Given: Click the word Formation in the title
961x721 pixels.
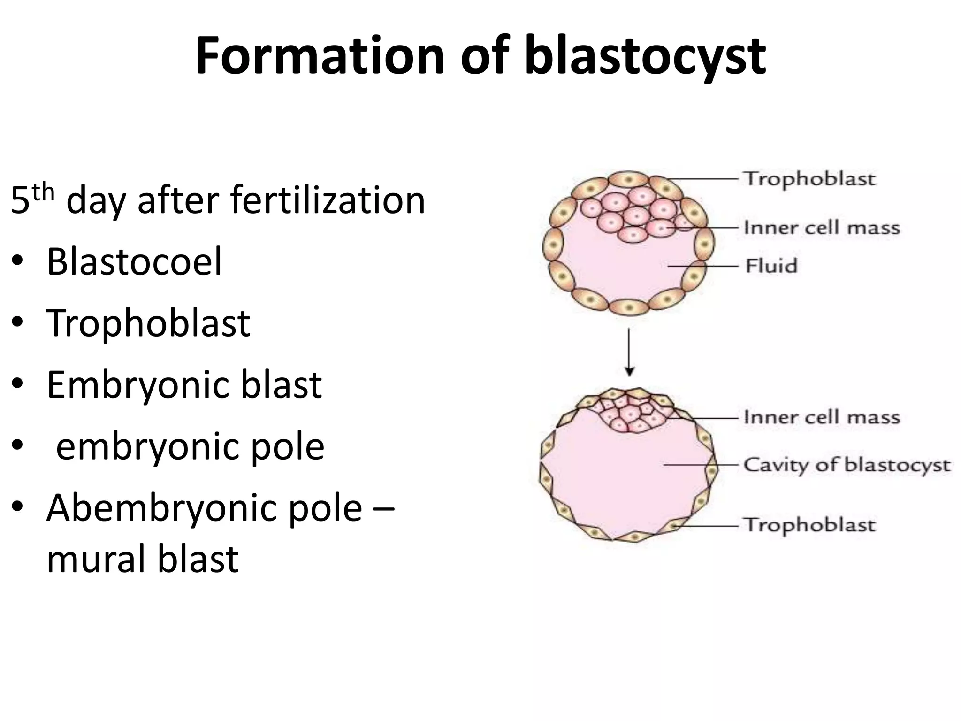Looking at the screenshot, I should coord(320,56).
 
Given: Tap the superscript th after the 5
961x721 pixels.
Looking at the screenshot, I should coord(44,192).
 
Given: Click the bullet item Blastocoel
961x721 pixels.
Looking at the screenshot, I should coord(134,262).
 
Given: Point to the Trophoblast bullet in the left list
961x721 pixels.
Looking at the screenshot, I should coord(148,323).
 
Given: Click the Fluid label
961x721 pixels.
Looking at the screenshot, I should coord(771,266).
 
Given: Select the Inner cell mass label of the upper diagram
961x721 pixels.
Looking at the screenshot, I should coord(822,228).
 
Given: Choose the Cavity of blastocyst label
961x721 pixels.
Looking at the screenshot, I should coord(847,465).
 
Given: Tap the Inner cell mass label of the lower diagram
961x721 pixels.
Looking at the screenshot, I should coord(822,417).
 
